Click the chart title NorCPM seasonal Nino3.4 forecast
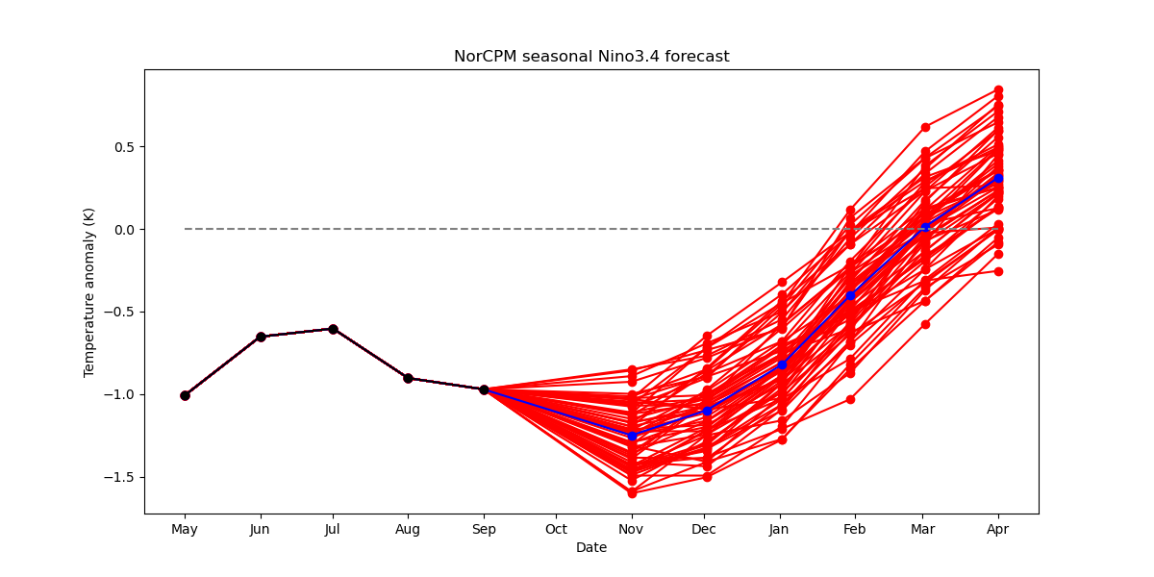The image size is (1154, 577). (591, 56)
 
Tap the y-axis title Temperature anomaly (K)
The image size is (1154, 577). (88, 292)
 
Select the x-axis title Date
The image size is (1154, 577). (591, 547)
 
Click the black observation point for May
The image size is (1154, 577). (185, 395)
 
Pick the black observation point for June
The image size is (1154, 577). (261, 337)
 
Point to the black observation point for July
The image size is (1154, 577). (334, 329)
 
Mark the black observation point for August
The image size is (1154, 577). (408, 379)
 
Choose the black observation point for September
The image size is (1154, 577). (485, 390)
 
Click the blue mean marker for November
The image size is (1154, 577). (632, 436)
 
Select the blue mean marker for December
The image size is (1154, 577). (708, 411)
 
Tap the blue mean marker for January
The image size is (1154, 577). (782, 364)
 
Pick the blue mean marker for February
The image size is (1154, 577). (850, 296)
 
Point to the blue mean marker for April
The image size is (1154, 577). (998, 178)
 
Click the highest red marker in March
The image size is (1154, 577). (926, 127)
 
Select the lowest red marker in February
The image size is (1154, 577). (850, 399)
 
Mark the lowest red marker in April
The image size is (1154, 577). (998, 271)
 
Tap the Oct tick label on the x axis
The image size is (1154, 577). (557, 529)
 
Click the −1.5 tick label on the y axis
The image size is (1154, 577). (119, 478)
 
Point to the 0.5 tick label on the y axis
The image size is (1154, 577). (124, 147)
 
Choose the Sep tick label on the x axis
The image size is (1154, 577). (485, 530)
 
